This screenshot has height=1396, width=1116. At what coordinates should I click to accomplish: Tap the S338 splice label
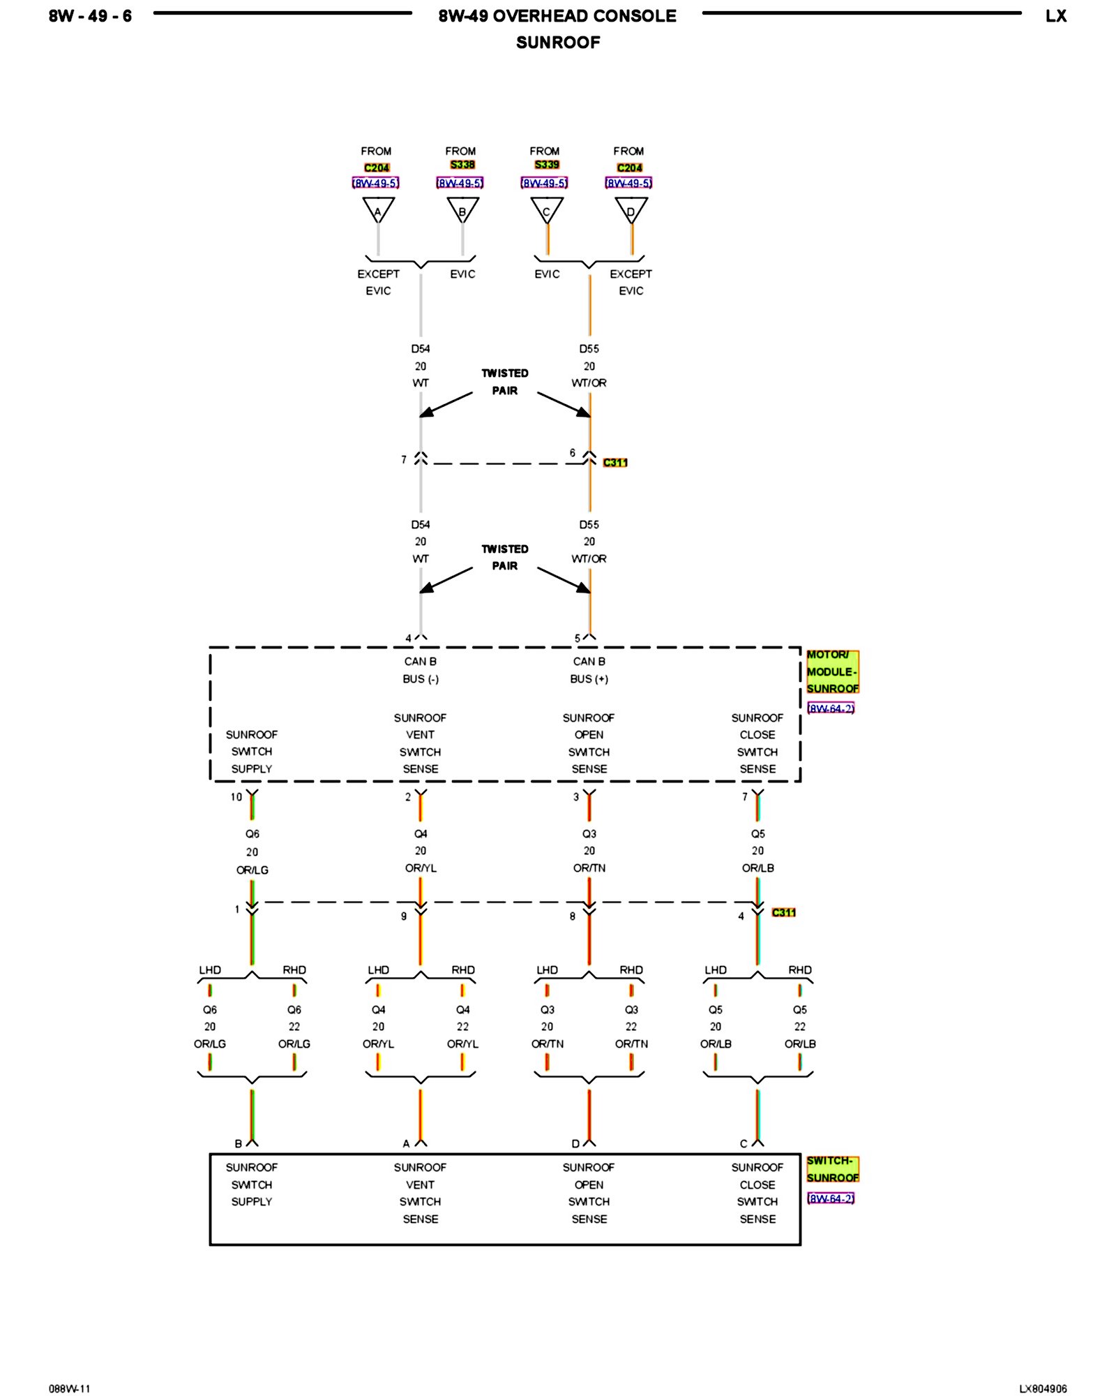[x=462, y=165]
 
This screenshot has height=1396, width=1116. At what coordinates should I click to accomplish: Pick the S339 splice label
[x=547, y=165]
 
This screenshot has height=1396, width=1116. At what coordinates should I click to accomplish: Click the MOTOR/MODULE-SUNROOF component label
[x=832, y=671]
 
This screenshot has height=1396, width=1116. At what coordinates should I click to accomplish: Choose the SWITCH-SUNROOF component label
[x=832, y=1169]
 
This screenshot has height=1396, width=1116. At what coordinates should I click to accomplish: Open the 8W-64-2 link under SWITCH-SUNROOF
[x=831, y=1198]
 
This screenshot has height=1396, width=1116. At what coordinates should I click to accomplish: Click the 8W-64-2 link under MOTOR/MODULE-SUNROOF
[x=831, y=708]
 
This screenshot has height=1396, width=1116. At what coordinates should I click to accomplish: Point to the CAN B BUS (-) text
[x=421, y=670]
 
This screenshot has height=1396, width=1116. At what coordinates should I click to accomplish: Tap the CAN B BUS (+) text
[x=589, y=670]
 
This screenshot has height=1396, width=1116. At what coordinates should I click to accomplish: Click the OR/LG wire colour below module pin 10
[x=252, y=870]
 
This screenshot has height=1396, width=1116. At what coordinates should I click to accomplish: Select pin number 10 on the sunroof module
[x=236, y=796]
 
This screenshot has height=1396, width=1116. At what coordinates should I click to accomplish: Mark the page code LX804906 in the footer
[x=1043, y=1389]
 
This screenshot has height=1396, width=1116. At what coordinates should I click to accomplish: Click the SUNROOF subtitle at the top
[x=558, y=43]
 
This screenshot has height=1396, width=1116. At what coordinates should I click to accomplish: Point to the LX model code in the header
[x=1056, y=16]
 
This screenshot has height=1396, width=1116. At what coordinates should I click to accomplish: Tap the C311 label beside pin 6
[x=615, y=462]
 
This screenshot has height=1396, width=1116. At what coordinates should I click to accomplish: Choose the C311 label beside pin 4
[x=784, y=912]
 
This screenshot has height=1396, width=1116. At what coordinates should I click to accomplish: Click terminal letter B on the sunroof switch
[x=239, y=1144]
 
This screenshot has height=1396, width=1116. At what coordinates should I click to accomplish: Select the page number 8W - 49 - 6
[x=90, y=16]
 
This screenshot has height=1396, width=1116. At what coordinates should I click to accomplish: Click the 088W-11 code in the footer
[x=70, y=1389]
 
